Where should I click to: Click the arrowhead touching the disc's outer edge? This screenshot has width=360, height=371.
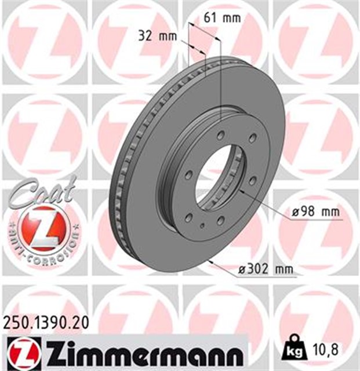coord(212,263)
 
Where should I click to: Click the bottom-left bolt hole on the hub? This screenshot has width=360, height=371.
coord(189,217)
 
